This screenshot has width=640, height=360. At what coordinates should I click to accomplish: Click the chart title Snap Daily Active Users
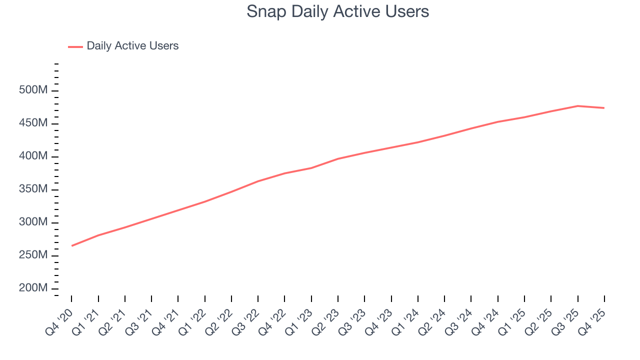[x=337, y=11]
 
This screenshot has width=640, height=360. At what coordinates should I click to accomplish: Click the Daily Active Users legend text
[x=132, y=46]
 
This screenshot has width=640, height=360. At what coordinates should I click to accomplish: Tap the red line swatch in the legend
[x=75, y=46]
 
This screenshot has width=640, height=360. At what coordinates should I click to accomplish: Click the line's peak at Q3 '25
[x=577, y=106]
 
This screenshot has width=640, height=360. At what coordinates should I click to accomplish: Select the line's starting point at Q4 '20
[x=71, y=245]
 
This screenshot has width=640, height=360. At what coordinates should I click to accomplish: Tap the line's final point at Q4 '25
[x=604, y=108]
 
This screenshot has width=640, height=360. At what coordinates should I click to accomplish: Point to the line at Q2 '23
[x=338, y=159]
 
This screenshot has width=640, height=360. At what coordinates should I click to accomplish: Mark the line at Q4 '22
[x=284, y=173]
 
